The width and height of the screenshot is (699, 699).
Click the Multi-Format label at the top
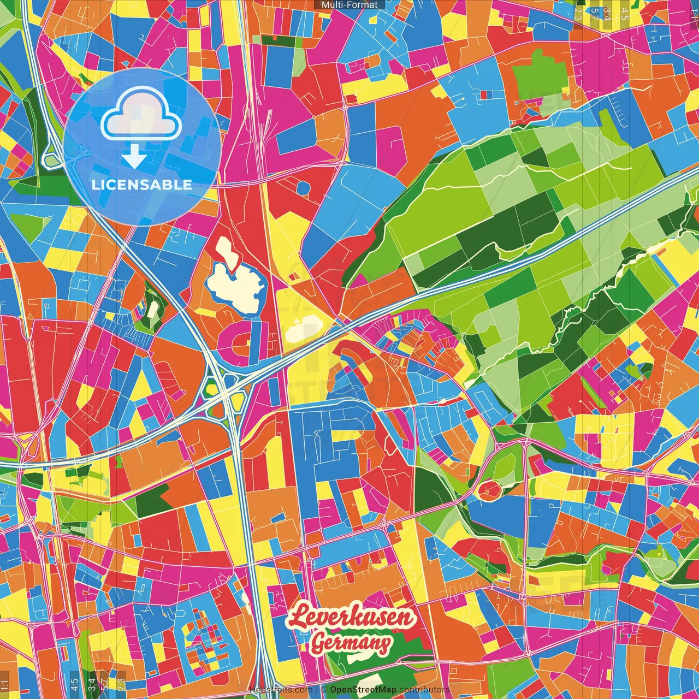point(349,5)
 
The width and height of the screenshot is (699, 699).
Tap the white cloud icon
point(141,116)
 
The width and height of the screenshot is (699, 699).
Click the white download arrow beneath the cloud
point(134,158)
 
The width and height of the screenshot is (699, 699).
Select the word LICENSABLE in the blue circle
point(142,185)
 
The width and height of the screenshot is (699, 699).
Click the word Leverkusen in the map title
point(352,617)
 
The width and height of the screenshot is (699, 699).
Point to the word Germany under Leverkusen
point(351,643)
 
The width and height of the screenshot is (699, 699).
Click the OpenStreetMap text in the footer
point(363,690)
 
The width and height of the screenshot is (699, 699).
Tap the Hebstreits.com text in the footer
point(281,690)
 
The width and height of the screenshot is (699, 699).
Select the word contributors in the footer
point(424,690)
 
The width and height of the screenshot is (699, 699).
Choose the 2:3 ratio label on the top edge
point(578,14)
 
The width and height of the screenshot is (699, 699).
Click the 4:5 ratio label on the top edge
point(625,14)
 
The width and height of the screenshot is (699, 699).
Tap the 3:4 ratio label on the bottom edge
point(92,684)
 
